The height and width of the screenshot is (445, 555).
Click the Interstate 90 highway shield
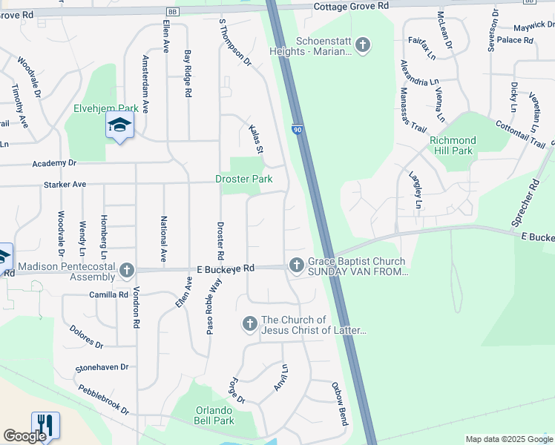(x=297, y=129)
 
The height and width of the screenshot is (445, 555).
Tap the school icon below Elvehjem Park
(x=119, y=126)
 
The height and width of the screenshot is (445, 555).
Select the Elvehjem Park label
(x=102, y=108)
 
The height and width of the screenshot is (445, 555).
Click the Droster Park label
(x=243, y=179)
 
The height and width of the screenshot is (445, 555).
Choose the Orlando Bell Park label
(x=214, y=415)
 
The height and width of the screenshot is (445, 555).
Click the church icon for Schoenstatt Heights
(x=362, y=46)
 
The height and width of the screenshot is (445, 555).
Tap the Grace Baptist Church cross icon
(x=296, y=265)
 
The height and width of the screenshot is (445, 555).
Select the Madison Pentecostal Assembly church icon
(x=127, y=270)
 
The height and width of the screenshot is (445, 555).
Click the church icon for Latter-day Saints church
(x=249, y=323)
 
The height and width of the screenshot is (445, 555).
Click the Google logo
(x=24, y=436)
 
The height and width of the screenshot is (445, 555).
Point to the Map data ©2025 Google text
(x=508, y=439)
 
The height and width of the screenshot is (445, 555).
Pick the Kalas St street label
(x=255, y=139)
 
